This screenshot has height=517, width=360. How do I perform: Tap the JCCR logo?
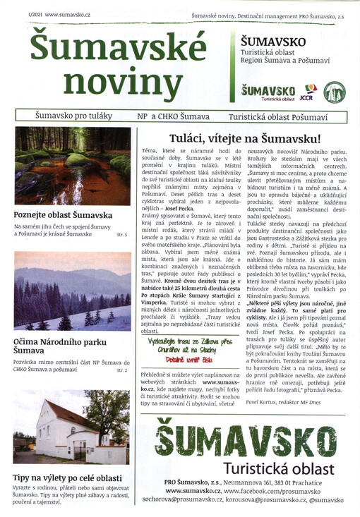pyautogui.click(x=307, y=92)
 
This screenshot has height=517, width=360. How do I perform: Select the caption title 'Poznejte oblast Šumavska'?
pyautogui.click(x=63, y=214)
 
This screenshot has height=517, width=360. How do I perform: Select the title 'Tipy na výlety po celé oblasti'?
pyautogui.click(x=72, y=478)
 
